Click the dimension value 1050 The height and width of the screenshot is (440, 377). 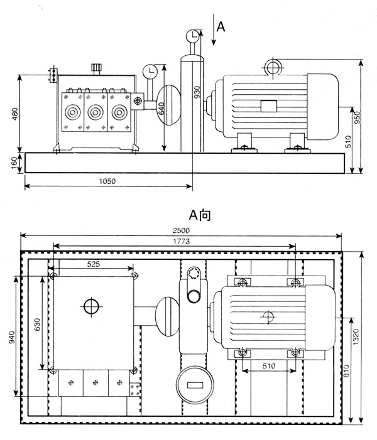point(107,180)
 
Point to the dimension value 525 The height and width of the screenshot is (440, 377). point(93,265)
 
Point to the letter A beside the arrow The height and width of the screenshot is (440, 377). point(221,26)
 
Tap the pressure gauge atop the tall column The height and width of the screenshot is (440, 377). point(195,36)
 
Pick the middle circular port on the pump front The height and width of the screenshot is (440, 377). point(96,114)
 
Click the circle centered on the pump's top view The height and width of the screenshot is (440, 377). point(92,306)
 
